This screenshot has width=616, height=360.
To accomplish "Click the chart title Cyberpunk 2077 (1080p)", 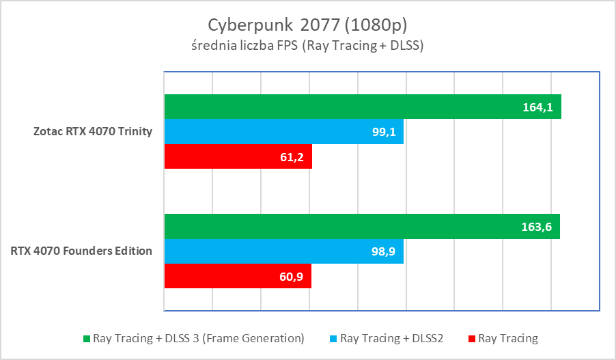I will (307, 25).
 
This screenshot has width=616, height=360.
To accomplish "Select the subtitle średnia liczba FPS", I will (307, 46).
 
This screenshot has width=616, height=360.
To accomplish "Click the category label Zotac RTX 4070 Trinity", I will (93, 131).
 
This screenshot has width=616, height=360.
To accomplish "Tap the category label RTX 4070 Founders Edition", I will (81, 251).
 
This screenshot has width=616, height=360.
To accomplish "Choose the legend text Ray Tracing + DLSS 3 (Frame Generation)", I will (199, 338).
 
